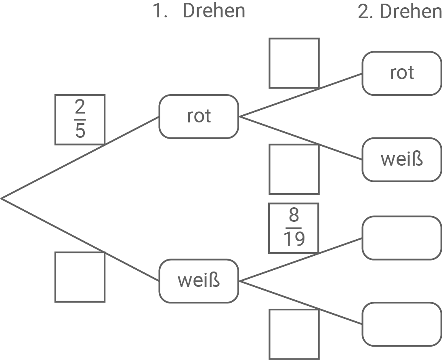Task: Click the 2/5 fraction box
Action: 80,120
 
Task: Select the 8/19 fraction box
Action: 294,228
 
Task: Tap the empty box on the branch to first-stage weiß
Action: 80,277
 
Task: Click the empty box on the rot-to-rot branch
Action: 294,63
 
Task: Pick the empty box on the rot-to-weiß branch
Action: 294,169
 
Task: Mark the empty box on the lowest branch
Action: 294,334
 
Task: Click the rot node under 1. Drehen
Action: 199,116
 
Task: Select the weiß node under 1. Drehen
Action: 199,281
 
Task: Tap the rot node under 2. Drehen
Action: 401,73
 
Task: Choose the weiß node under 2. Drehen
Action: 401,160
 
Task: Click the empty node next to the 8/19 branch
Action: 401,238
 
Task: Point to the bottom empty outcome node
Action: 401,324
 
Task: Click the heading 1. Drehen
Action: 199,11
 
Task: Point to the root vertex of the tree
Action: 2,198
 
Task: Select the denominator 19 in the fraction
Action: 294,240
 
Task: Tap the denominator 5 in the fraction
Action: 80,131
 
